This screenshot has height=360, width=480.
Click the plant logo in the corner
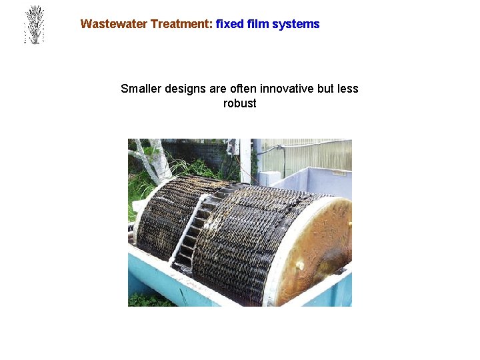pyautogui.click(x=33, y=25)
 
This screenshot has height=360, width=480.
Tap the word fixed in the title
pyautogui.click(x=230, y=24)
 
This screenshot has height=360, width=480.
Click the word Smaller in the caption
pyautogui.click(x=141, y=89)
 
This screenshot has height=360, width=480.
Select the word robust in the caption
pyautogui.click(x=239, y=103)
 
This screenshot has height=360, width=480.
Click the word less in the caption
pyautogui.click(x=347, y=89)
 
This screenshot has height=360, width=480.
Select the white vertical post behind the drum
pyautogui.click(x=246, y=160)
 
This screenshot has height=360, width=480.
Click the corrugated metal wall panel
pyautogui.click(x=307, y=155)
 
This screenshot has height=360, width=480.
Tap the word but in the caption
pyautogui.click(x=325, y=89)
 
